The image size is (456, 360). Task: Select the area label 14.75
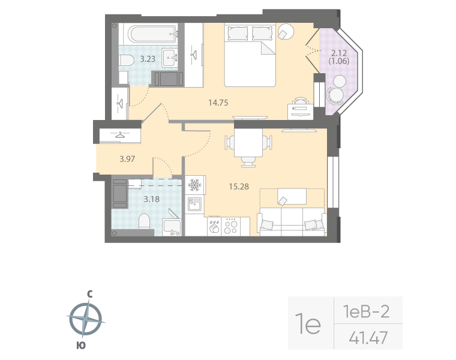218,103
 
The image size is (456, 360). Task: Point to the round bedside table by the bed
286,31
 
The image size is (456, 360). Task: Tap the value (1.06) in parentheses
339,60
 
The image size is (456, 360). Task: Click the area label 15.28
239,187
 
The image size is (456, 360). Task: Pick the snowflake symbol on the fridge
194,184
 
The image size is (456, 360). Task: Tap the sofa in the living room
292,223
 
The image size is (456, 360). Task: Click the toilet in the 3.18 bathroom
144,223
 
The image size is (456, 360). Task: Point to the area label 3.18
151,199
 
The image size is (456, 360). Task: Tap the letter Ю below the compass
80,345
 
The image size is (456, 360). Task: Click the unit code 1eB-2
366,311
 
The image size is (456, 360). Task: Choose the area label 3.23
148,59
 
